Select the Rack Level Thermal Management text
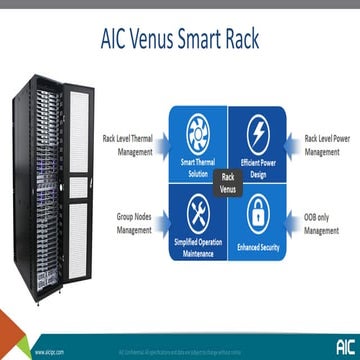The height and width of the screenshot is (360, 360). [128, 146]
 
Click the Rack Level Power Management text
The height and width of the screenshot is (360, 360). [326, 146]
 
